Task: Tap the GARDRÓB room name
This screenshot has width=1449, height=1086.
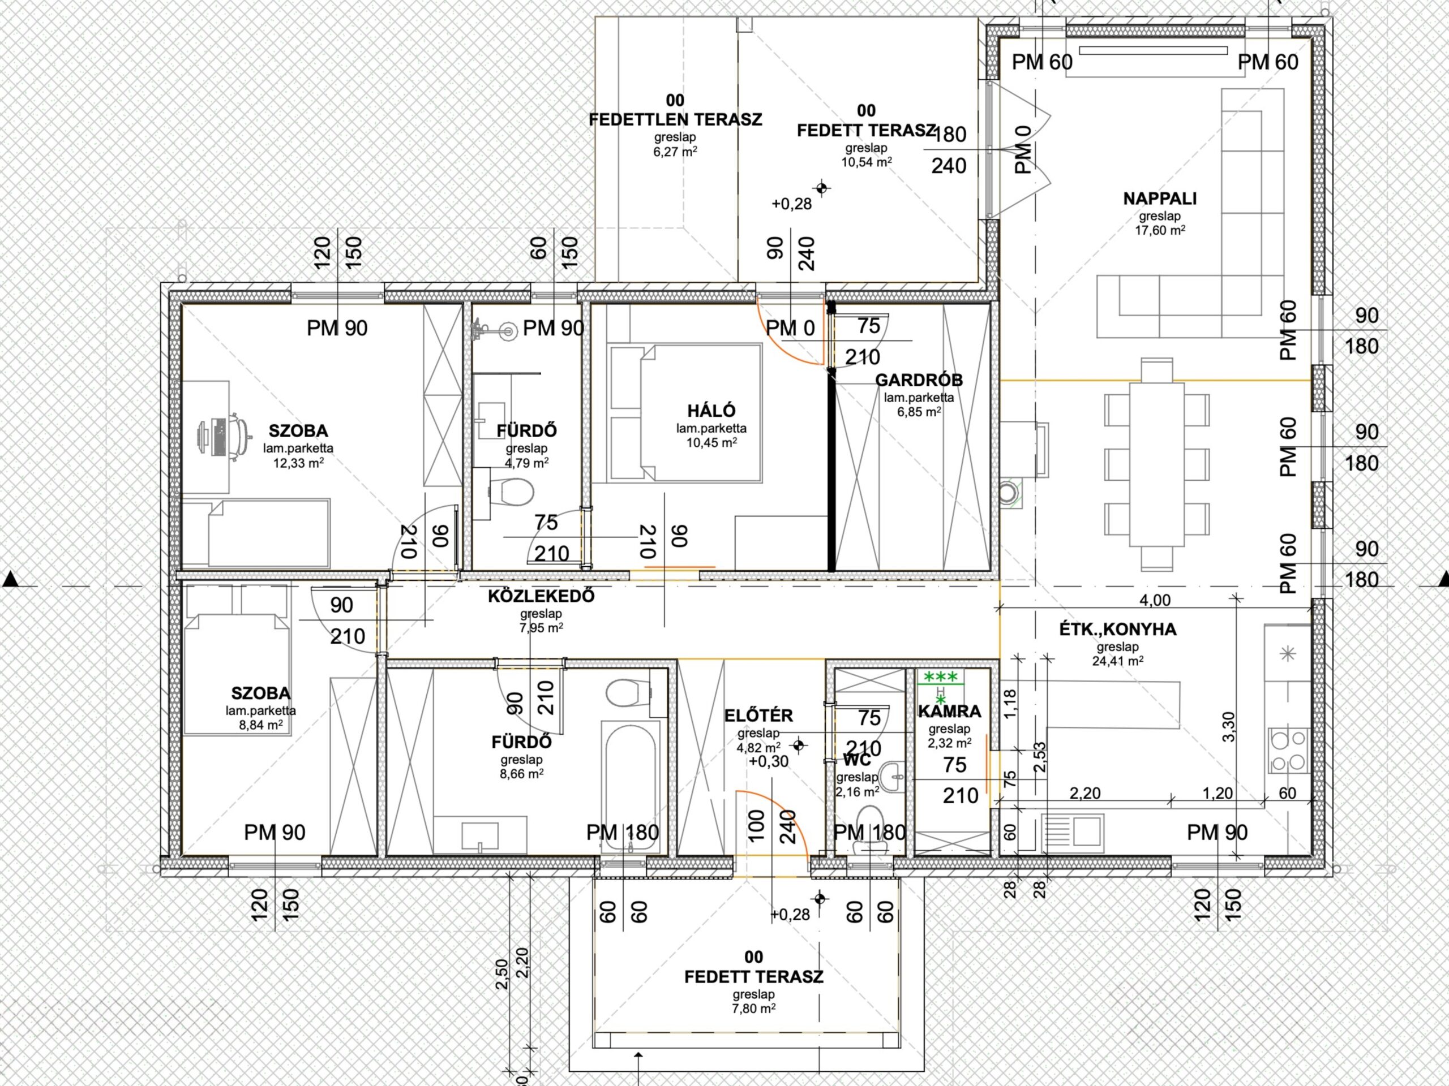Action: (919, 380)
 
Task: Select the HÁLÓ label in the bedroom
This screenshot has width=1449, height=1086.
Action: (711, 411)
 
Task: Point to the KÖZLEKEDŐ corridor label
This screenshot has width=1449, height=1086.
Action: (541, 596)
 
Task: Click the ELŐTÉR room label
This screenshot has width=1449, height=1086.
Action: (758, 716)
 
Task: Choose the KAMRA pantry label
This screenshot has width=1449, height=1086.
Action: (949, 712)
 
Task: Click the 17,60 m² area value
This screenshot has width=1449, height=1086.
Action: (1160, 230)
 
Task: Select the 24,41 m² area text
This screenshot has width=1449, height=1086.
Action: (1117, 661)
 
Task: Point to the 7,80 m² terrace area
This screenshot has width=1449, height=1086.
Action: (754, 1009)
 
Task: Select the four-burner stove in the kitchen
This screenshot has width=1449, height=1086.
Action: (1288, 750)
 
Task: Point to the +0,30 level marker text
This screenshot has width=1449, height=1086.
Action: (769, 761)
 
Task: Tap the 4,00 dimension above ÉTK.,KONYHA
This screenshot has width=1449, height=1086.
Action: (1155, 600)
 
